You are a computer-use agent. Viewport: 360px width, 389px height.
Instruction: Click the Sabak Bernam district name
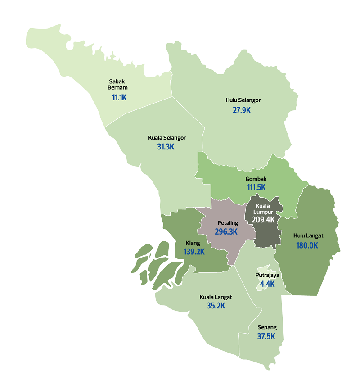point(117,84)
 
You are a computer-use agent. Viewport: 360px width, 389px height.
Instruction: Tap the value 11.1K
point(119,97)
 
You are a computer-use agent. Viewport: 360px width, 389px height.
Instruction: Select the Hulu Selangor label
point(243,100)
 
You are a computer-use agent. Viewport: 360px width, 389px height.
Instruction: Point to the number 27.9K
point(242,110)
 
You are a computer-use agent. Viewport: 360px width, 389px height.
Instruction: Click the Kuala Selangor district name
point(167,137)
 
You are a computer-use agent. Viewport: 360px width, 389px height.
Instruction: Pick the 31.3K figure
point(166,147)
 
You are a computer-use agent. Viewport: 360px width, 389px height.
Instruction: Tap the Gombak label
point(256,179)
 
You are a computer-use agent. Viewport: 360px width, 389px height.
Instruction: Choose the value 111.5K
point(256,188)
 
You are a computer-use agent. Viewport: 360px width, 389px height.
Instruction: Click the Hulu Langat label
point(308,235)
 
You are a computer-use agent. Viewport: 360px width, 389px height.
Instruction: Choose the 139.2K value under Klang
point(194,252)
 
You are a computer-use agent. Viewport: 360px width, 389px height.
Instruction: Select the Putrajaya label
point(267,275)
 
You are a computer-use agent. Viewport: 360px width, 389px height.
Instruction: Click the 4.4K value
point(267,284)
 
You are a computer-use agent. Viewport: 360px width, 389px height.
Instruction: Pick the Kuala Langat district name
point(216,297)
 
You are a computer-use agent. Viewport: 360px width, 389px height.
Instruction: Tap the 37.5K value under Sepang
point(267,337)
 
